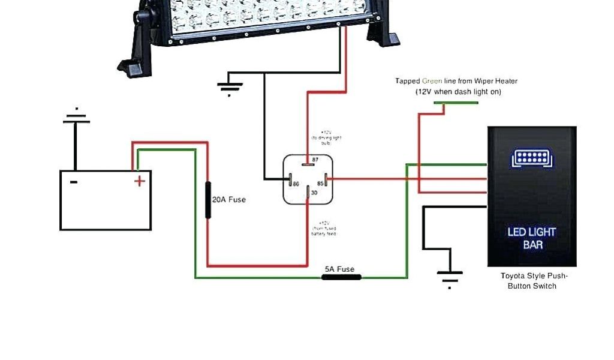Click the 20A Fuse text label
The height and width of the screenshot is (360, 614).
(x=229, y=199)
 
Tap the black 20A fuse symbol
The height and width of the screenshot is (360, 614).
(x=208, y=199)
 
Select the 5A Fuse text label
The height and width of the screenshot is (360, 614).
(x=339, y=269)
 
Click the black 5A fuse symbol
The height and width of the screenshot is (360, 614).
(x=341, y=277)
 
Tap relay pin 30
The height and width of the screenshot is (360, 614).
(x=308, y=193)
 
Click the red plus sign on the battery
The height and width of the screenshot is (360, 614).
(x=139, y=181)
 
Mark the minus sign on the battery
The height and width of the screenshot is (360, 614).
(x=73, y=181)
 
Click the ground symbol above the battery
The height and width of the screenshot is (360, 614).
(x=76, y=118)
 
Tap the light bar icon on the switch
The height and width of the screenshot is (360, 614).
(x=532, y=159)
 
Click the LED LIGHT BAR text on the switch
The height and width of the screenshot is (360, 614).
(x=532, y=238)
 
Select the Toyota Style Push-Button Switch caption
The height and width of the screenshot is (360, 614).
(x=533, y=281)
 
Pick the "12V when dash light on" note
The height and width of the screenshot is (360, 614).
(x=459, y=92)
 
